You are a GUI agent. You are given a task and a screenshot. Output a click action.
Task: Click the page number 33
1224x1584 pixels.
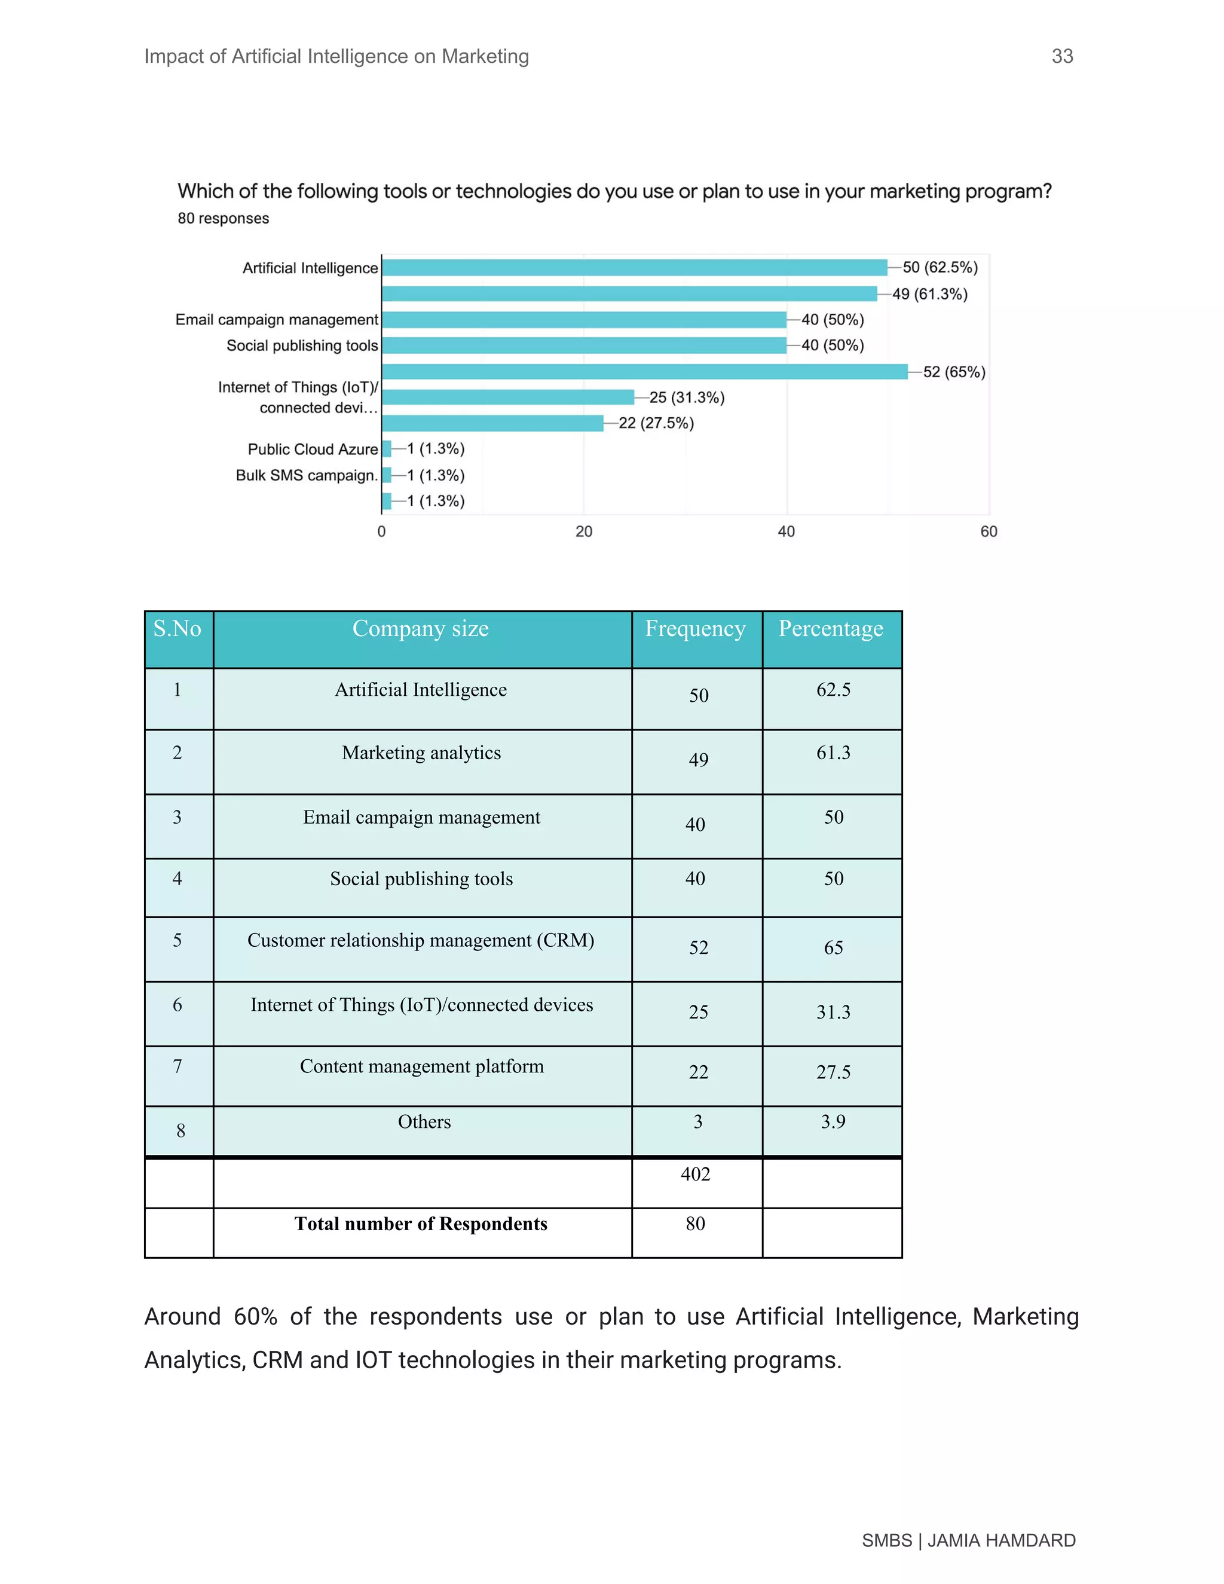click(1061, 57)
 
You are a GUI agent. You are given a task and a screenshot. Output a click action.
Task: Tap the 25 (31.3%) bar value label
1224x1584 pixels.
click(686, 397)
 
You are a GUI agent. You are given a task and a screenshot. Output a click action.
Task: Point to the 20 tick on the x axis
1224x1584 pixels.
click(584, 531)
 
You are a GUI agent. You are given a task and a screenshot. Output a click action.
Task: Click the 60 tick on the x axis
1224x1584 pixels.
click(989, 531)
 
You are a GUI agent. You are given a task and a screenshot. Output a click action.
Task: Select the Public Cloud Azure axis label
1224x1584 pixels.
click(313, 449)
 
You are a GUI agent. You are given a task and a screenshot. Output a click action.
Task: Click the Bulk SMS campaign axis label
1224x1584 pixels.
click(306, 475)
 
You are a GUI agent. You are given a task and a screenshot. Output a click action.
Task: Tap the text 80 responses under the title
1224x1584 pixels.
click(224, 218)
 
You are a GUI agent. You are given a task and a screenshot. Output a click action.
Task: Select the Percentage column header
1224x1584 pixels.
click(830, 629)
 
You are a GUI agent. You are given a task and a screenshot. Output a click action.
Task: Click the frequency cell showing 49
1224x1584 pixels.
click(697, 759)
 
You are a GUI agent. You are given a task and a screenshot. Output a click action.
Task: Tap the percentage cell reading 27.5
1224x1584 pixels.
click(833, 1072)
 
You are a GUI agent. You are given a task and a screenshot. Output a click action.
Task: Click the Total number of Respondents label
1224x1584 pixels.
click(421, 1224)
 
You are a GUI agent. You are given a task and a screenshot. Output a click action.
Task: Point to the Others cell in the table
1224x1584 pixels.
click(424, 1122)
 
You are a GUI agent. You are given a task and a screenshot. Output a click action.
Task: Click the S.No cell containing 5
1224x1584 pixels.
click(177, 941)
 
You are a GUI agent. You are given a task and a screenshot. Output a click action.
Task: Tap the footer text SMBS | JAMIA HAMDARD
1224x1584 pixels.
click(968, 1540)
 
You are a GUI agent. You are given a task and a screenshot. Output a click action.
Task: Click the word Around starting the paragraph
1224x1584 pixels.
click(182, 1316)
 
